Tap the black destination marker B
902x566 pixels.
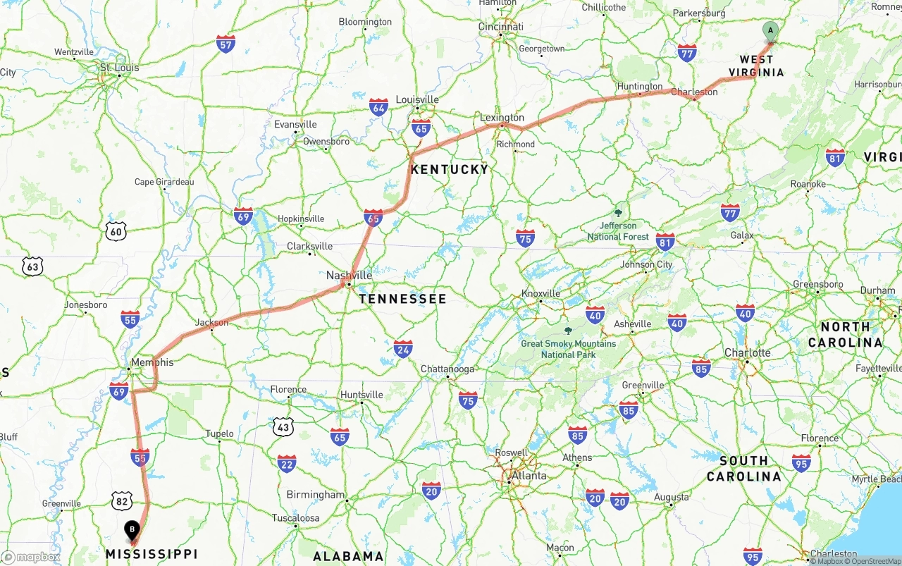click(131, 529)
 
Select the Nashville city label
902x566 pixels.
click(349, 276)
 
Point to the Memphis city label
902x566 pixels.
click(152, 362)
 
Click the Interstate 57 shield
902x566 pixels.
click(225, 44)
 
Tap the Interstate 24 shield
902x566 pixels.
click(403, 348)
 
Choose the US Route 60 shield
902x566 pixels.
click(116, 230)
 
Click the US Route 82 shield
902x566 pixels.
click(121, 501)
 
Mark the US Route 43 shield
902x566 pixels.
click(283, 426)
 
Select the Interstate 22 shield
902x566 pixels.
click(286, 463)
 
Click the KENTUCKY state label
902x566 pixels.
click(449, 169)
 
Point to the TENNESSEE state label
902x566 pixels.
click(402, 299)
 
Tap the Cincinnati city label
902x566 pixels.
click(500, 27)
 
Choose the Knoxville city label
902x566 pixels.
click(540, 293)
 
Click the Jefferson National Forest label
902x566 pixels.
click(618, 231)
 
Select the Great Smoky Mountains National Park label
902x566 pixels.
click(568, 349)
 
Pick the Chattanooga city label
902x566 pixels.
click(447, 369)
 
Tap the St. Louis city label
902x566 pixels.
click(119, 68)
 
